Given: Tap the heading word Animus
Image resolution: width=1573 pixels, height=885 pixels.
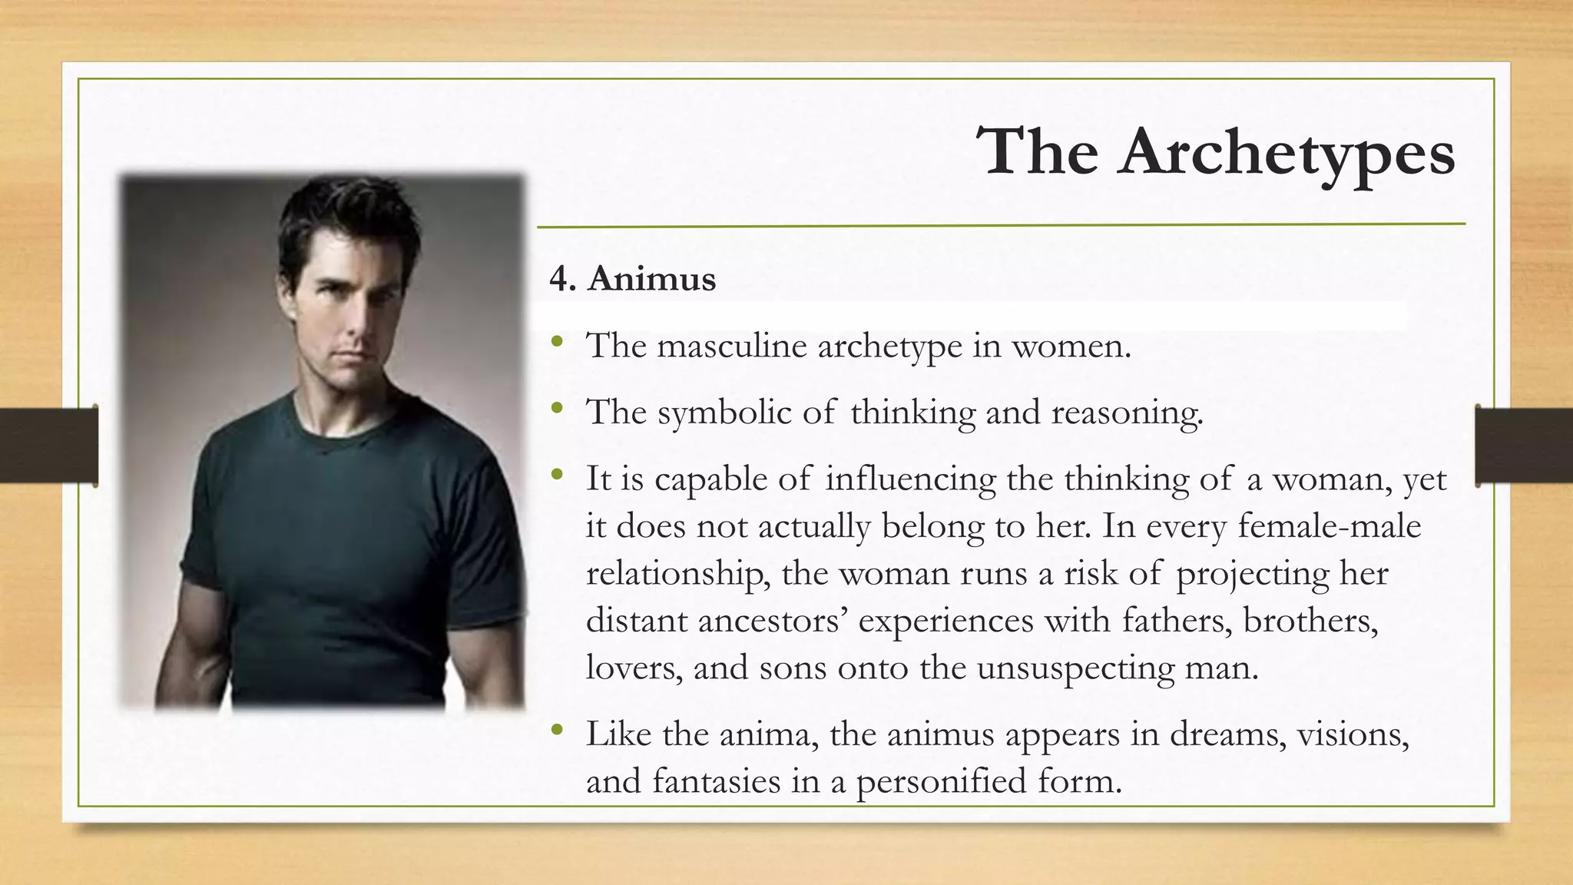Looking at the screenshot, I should [651, 279].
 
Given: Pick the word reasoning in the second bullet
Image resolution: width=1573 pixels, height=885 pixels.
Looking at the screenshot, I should [1126, 413].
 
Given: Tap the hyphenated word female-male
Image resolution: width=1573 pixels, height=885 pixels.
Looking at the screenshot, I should [1329, 526].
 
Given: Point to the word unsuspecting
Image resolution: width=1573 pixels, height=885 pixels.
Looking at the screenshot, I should [1075, 668].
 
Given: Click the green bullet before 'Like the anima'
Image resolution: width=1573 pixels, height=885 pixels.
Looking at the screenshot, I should [557, 729].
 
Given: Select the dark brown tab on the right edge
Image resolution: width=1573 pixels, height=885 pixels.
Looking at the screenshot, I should [1524, 445].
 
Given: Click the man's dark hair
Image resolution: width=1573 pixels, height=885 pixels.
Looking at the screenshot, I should [346, 215].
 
